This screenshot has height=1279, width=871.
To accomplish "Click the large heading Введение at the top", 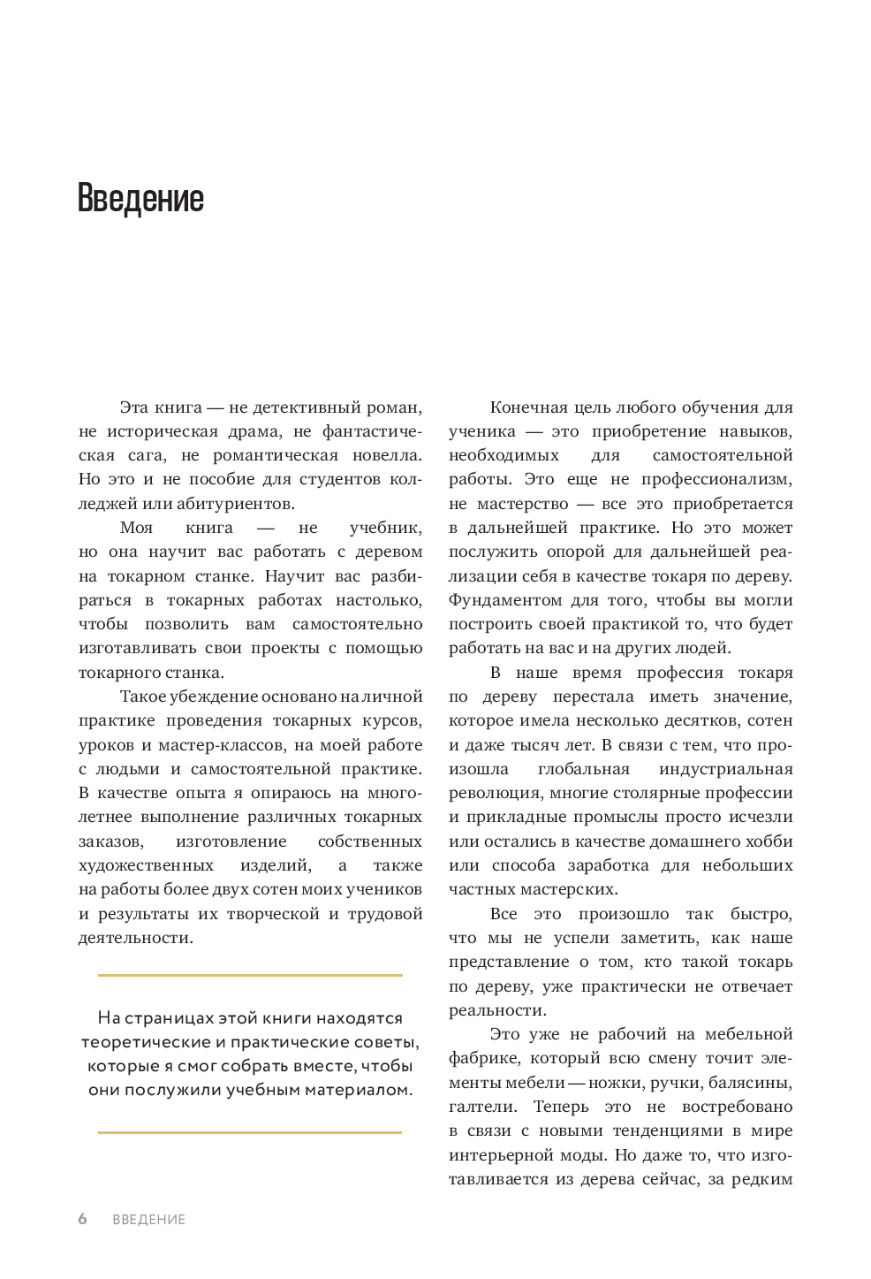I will (140, 198).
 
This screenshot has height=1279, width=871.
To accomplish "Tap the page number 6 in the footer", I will (83, 1219).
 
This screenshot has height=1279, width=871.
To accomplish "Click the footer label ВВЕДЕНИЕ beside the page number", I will (148, 1220).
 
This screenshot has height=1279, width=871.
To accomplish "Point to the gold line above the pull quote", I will (250, 975).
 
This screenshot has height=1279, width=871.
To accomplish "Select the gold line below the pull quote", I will (250, 1132).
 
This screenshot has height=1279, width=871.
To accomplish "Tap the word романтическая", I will (269, 455).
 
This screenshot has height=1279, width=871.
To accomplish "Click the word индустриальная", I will (725, 769).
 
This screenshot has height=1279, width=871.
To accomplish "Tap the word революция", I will (493, 793).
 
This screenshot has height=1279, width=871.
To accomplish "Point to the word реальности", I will (496, 1010).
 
